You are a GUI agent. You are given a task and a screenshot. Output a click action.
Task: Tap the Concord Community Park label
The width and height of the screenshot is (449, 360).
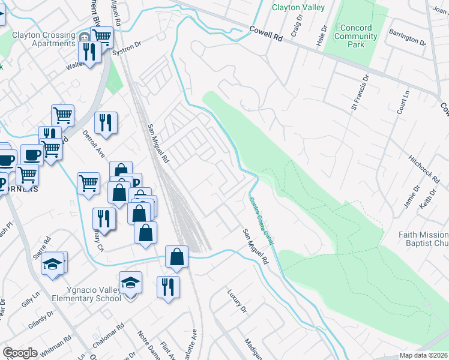[356, 36]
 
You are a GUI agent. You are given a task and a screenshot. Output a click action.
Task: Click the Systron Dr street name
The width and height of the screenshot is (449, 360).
[126, 47]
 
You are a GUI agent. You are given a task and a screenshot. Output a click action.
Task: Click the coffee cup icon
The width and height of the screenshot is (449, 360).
[32, 154]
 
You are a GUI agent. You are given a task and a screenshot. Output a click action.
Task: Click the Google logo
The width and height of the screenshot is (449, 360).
[20, 353]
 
